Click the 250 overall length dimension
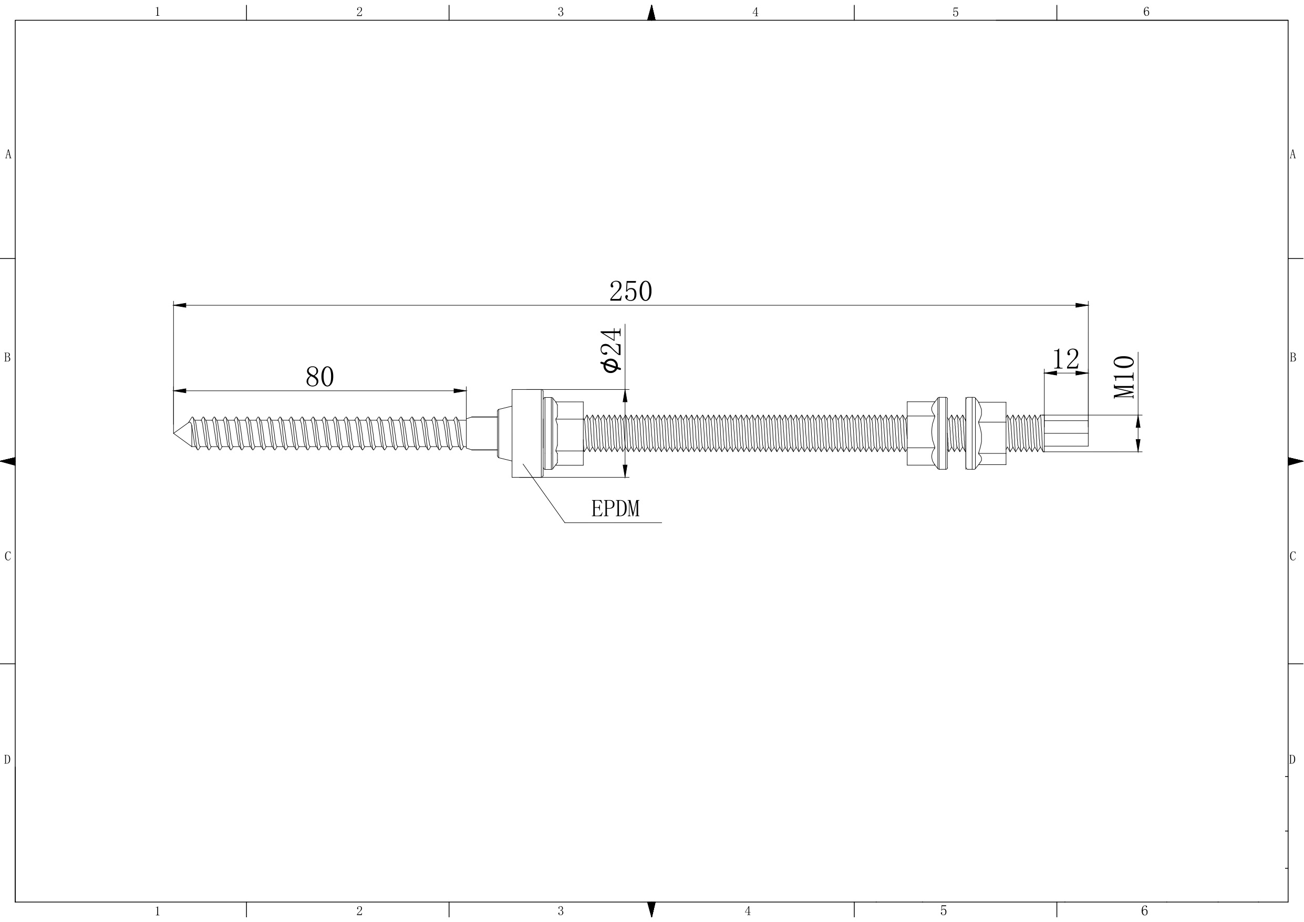point(630,292)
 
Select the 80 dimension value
point(320,377)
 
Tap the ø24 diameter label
point(612,350)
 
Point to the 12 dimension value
point(1065,359)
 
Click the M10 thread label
point(1124,377)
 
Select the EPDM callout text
point(615,509)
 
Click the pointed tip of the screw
point(174,433)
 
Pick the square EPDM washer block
point(527,433)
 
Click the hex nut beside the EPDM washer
point(563,433)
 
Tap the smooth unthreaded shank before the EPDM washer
point(482,433)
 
